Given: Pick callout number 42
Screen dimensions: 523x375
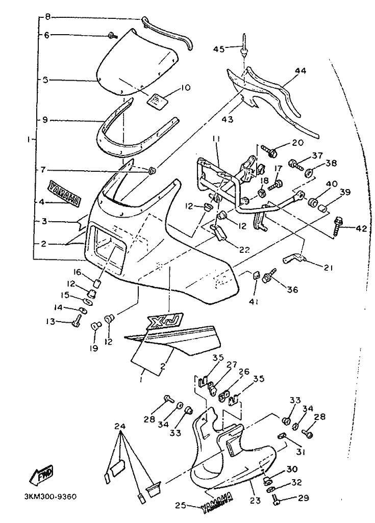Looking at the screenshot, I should pyautogui.click(x=361, y=229).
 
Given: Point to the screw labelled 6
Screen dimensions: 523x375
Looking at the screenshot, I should pyautogui.click(x=112, y=35).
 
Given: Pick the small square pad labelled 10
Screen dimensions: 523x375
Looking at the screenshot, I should pyautogui.click(x=157, y=99).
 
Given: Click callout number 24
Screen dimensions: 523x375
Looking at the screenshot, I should pyautogui.click(x=120, y=426).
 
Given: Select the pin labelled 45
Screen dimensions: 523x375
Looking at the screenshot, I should pyautogui.click(x=245, y=43).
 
